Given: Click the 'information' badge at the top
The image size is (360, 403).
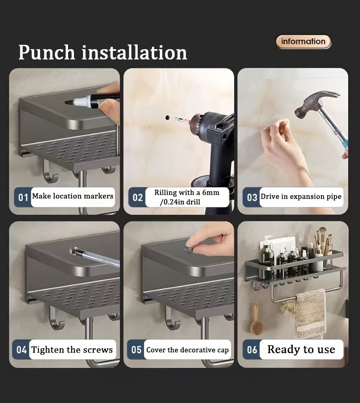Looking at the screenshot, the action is pos(303,42).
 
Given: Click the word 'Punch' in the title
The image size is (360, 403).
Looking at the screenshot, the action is pos(46,53).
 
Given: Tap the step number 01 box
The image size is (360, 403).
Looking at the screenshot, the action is pos(22,198).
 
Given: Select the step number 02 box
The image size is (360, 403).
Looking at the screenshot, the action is pos(137,198).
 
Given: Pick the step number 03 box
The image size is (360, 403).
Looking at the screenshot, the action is pos(251,198).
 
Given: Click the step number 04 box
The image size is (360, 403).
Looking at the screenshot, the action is pos(21,349).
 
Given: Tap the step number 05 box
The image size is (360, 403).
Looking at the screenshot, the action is pos(136,349).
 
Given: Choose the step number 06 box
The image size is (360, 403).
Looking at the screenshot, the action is pos(251,349).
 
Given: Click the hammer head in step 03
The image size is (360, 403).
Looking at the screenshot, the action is pos(316,102).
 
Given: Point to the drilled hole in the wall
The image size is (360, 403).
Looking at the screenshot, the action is pos(168,117).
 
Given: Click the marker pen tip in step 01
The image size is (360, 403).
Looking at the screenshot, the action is pos(68,102).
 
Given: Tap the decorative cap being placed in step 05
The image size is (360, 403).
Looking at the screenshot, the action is pos(189,250).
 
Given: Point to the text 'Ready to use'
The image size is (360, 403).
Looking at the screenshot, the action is pos(301,349).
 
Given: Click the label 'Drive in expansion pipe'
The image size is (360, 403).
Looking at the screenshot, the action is pos(301,197).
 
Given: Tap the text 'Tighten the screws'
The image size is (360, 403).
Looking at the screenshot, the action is pos(72,349).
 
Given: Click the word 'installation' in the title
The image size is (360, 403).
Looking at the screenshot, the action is pos(134,52).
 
